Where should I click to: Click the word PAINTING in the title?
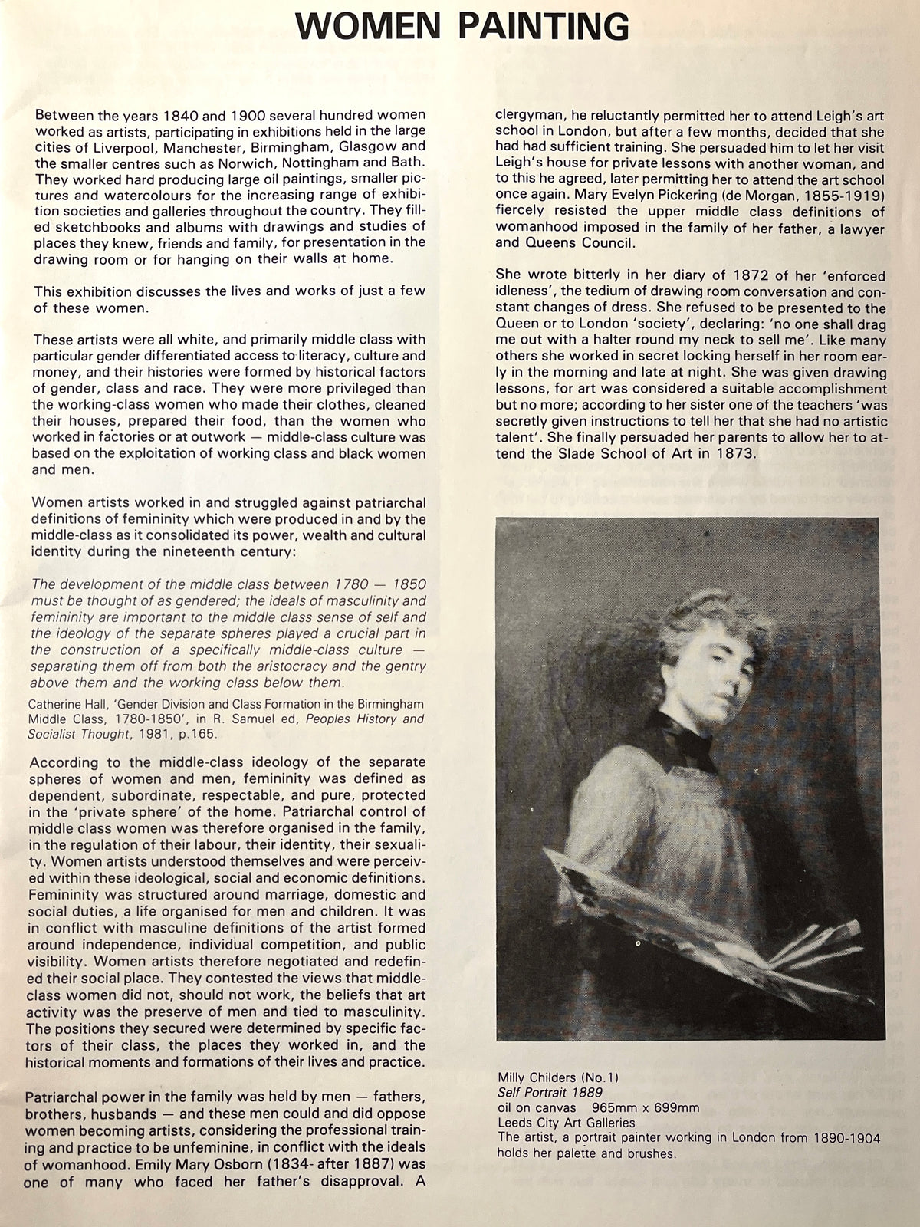click(544, 27)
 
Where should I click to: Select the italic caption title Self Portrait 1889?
click(549, 1092)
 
